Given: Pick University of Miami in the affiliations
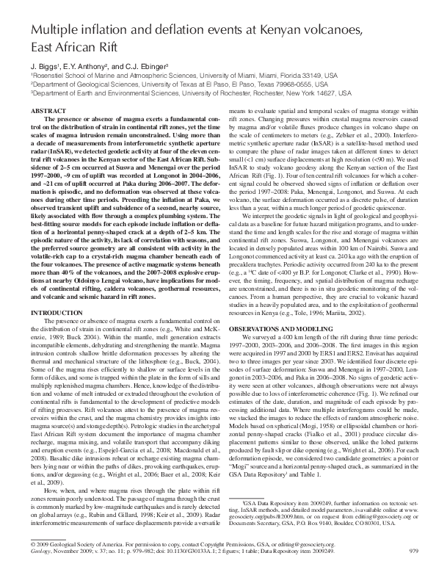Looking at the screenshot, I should [x=252, y=74].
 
